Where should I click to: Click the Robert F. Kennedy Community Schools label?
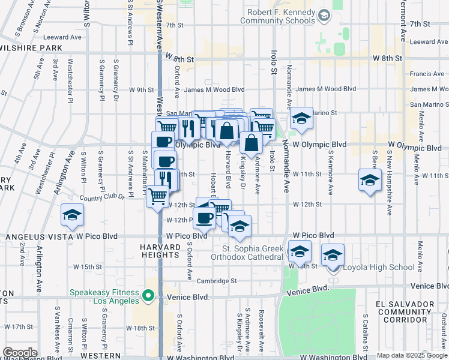click(x=277, y=16)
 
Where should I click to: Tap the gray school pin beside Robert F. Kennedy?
click(x=324, y=14)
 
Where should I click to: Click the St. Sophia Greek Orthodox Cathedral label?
click(x=252, y=253)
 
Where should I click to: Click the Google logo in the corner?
click(x=20, y=353)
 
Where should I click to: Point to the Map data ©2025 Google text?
click(x=412, y=355)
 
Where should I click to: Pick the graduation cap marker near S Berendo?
click(x=370, y=179)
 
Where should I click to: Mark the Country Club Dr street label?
click(x=100, y=197)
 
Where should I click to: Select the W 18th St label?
click(x=142, y=328)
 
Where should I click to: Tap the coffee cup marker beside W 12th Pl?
click(x=205, y=218)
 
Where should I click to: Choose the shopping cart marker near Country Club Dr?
click(x=158, y=196)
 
